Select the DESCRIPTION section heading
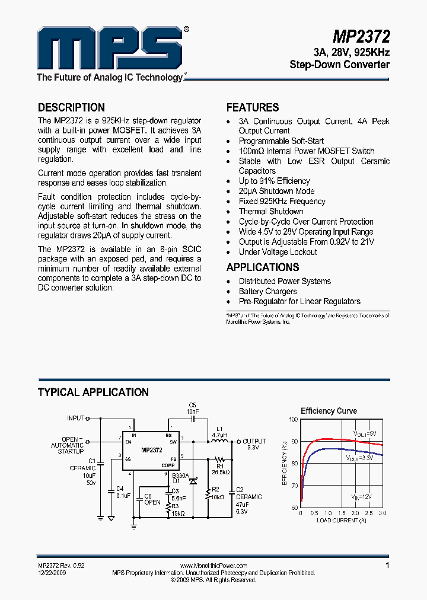point(71,107)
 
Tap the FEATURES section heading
point(253,107)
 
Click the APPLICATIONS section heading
point(263,267)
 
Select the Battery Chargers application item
point(267,291)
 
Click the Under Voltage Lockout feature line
point(278,251)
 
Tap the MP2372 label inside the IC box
point(152,451)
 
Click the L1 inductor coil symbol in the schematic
point(219,442)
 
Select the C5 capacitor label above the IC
point(192,405)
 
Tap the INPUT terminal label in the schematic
point(75,418)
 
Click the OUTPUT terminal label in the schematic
point(254,441)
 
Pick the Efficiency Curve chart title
point(329,411)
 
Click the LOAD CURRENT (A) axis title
point(341,520)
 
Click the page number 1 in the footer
point(387,566)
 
